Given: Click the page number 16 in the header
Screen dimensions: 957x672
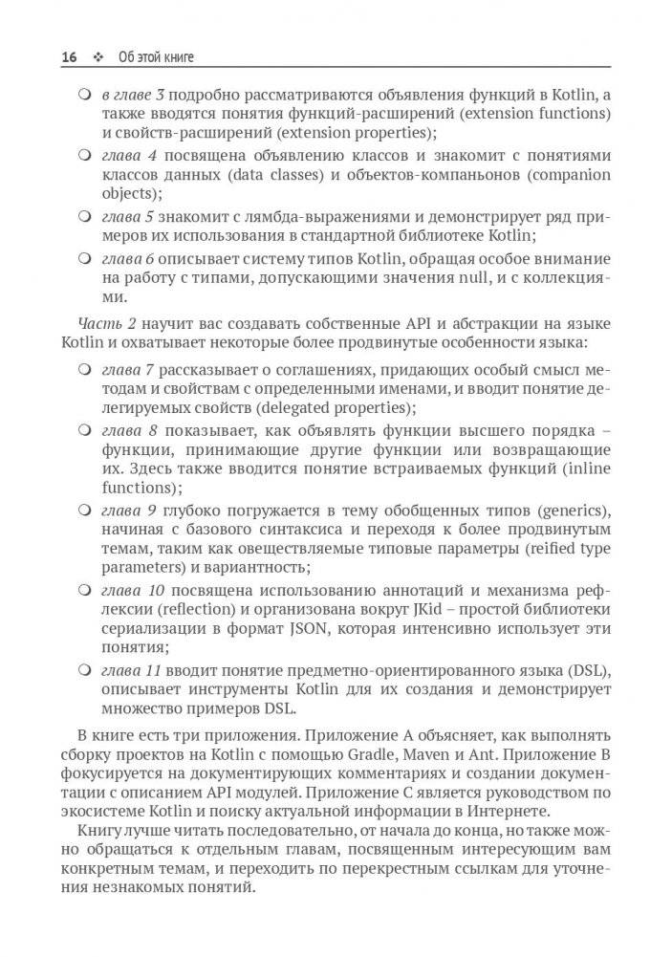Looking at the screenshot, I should [68, 58].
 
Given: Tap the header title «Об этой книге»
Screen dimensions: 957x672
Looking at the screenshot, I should [156, 58].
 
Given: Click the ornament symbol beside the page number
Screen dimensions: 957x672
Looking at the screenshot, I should [98, 58].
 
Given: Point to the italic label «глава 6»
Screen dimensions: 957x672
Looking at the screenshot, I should [128, 259].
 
